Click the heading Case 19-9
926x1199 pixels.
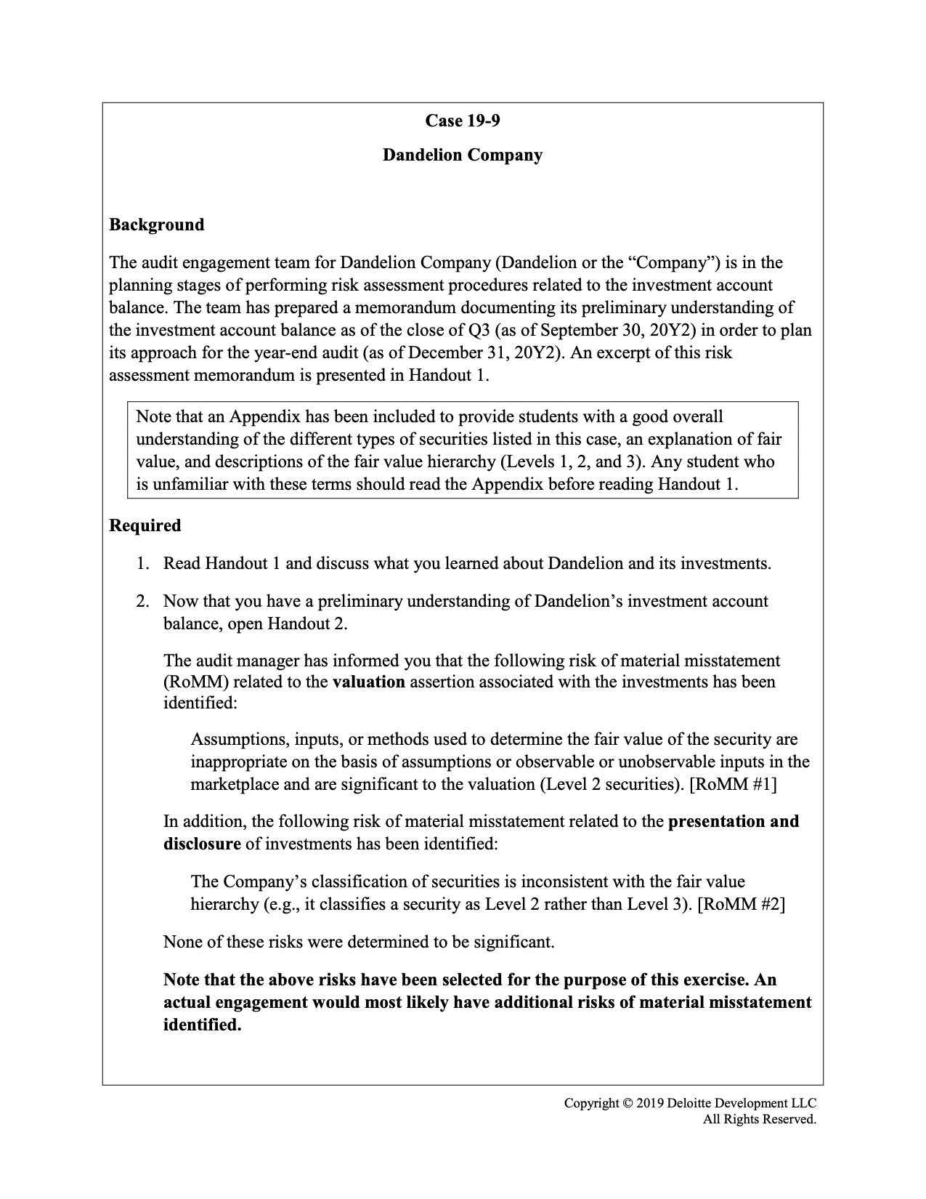[x=463, y=121]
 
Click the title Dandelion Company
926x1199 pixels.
[x=463, y=156]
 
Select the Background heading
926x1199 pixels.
[x=157, y=225]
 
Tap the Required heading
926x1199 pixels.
[x=145, y=525]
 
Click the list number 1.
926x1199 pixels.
[x=142, y=564]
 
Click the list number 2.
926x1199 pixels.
[x=142, y=602]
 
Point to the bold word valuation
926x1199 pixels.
[x=368, y=682]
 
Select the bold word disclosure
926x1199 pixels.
[x=202, y=844]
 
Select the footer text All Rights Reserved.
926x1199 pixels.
[x=759, y=1119]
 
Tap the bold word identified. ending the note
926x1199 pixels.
[x=202, y=1025]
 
